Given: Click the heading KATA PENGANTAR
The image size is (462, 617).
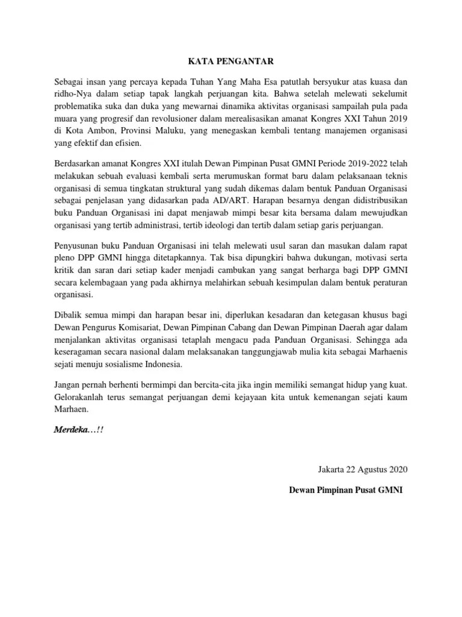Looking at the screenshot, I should [x=230, y=60].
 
